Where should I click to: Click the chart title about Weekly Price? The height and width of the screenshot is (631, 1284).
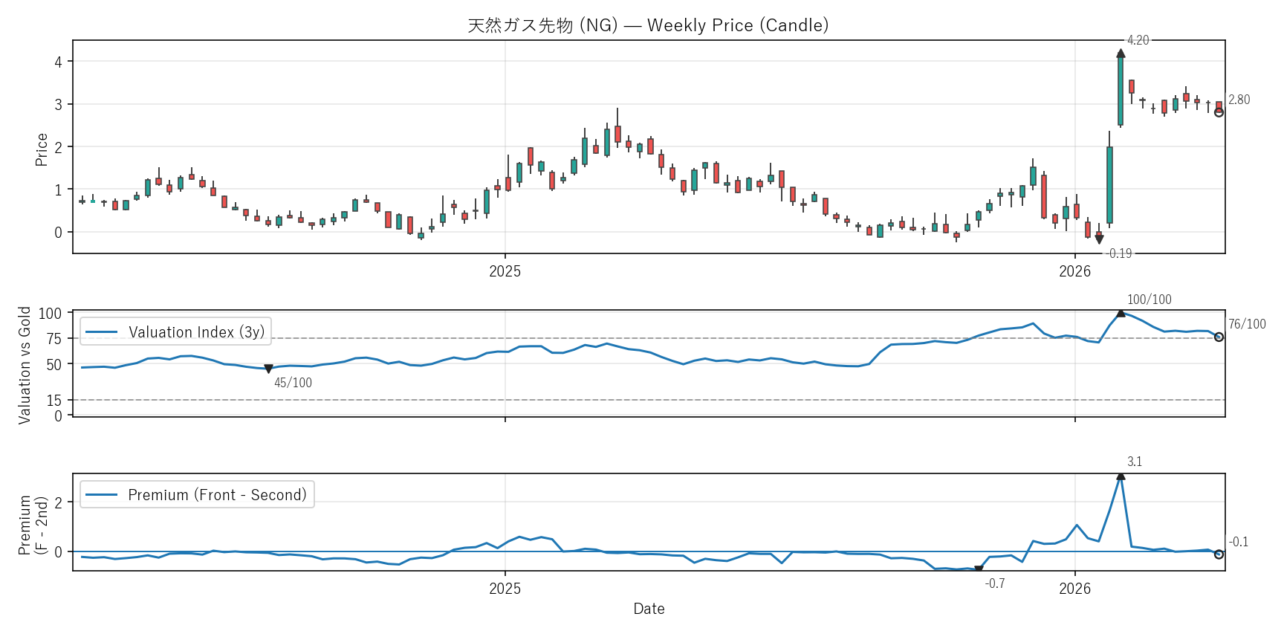tap(648, 25)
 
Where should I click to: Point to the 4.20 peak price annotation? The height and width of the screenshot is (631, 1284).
tap(1138, 40)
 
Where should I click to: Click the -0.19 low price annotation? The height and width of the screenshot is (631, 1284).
tap(1119, 253)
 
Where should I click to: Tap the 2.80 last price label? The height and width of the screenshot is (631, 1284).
tap(1239, 100)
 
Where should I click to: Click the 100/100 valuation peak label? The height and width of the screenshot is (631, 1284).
tap(1149, 300)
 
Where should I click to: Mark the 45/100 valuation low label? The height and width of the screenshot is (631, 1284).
tap(293, 383)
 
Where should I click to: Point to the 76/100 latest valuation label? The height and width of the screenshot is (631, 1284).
tap(1247, 324)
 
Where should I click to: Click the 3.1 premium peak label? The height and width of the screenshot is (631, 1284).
tap(1135, 462)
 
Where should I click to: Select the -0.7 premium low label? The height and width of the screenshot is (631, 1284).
tap(995, 583)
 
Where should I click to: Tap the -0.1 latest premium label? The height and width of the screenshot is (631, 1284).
tap(1239, 542)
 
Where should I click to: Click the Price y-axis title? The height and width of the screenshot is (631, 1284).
tap(42, 149)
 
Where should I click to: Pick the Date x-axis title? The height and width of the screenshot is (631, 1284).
tap(649, 609)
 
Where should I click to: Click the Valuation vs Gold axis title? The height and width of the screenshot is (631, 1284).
tap(25, 365)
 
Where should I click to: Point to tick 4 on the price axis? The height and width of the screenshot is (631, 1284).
tap(58, 62)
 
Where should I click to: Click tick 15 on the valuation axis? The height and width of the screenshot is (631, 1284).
tap(54, 401)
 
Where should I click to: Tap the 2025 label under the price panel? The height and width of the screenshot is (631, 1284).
tap(505, 271)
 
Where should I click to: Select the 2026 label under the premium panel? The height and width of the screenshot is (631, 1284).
tap(1074, 589)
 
